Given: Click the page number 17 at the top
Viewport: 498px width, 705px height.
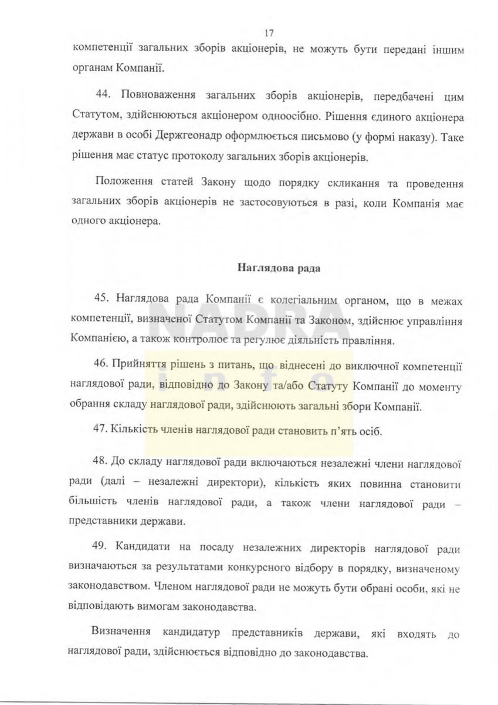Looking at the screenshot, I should (x=269, y=33).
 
